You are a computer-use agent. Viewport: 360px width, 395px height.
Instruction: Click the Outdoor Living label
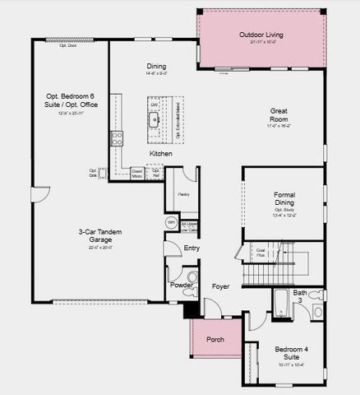coord(261,35)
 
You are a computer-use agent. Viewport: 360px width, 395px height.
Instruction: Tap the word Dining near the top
coord(156,67)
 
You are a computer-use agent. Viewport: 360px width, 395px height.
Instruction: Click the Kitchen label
coord(160,154)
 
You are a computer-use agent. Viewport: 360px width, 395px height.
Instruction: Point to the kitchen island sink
coord(155,118)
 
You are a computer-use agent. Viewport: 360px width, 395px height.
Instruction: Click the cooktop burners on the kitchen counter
coord(118,137)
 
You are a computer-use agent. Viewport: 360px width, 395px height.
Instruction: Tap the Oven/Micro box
coord(137,174)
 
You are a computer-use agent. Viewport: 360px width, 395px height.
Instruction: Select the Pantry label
coord(184,194)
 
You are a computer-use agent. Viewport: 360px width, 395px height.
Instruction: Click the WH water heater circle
coord(171,222)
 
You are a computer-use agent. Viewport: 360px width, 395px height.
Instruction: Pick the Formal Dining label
coord(284,199)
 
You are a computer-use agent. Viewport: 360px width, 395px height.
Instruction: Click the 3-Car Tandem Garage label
coord(101,236)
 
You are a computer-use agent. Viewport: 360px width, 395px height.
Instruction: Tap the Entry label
coord(192,248)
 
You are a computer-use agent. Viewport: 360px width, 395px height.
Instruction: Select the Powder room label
coord(182,285)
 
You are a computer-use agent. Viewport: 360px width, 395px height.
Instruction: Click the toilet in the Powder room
coord(192,276)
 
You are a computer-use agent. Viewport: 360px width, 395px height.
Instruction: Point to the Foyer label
coord(220,286)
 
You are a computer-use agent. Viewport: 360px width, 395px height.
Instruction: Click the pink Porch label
coord(215,338)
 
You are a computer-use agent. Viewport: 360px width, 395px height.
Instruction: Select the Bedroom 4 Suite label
coord(292,354)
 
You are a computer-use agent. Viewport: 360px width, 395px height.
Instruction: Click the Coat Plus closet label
coord(261,253)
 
